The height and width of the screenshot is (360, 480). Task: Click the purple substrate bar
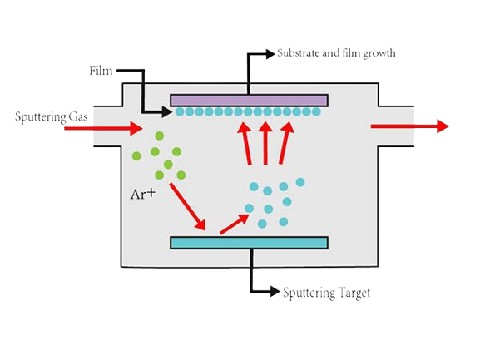pos(249,101)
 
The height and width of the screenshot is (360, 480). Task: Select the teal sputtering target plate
pos(249,243)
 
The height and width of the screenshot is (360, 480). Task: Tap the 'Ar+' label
pos(143,194)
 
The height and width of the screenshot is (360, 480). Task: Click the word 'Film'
pos(101,71)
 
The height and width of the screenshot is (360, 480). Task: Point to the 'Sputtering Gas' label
pos(52,117)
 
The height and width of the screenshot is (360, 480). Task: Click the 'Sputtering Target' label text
pos(326,293)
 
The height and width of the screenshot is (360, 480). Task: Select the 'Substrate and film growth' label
pos(336,53)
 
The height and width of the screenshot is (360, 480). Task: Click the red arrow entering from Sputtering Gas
pos(103,128)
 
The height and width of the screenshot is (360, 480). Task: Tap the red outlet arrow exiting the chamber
pos(409,126)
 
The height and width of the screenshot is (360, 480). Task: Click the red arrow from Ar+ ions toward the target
pos(187,206)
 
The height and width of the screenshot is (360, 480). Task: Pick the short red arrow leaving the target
pos(235,224)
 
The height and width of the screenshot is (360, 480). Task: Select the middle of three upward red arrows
pos(265,143)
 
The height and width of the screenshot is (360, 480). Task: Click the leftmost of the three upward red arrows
pos(245,143)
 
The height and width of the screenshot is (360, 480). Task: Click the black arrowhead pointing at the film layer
pos(167,111)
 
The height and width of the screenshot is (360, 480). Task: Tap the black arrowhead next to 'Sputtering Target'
pos(275,292)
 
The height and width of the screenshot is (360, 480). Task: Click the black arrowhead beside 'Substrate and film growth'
pos(270,54)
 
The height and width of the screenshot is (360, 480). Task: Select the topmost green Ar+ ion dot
pos(159,136)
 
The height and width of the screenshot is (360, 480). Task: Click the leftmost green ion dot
pos(136,156)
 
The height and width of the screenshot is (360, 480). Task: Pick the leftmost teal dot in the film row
pos(180,111)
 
